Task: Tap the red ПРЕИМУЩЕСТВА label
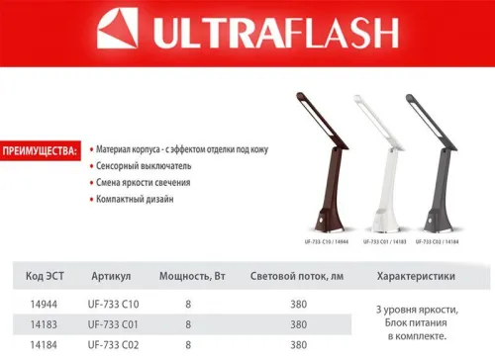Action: (x=41, y=152)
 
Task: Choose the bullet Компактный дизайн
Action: (x=136, y=199)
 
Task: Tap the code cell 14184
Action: (x=39, y=345)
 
